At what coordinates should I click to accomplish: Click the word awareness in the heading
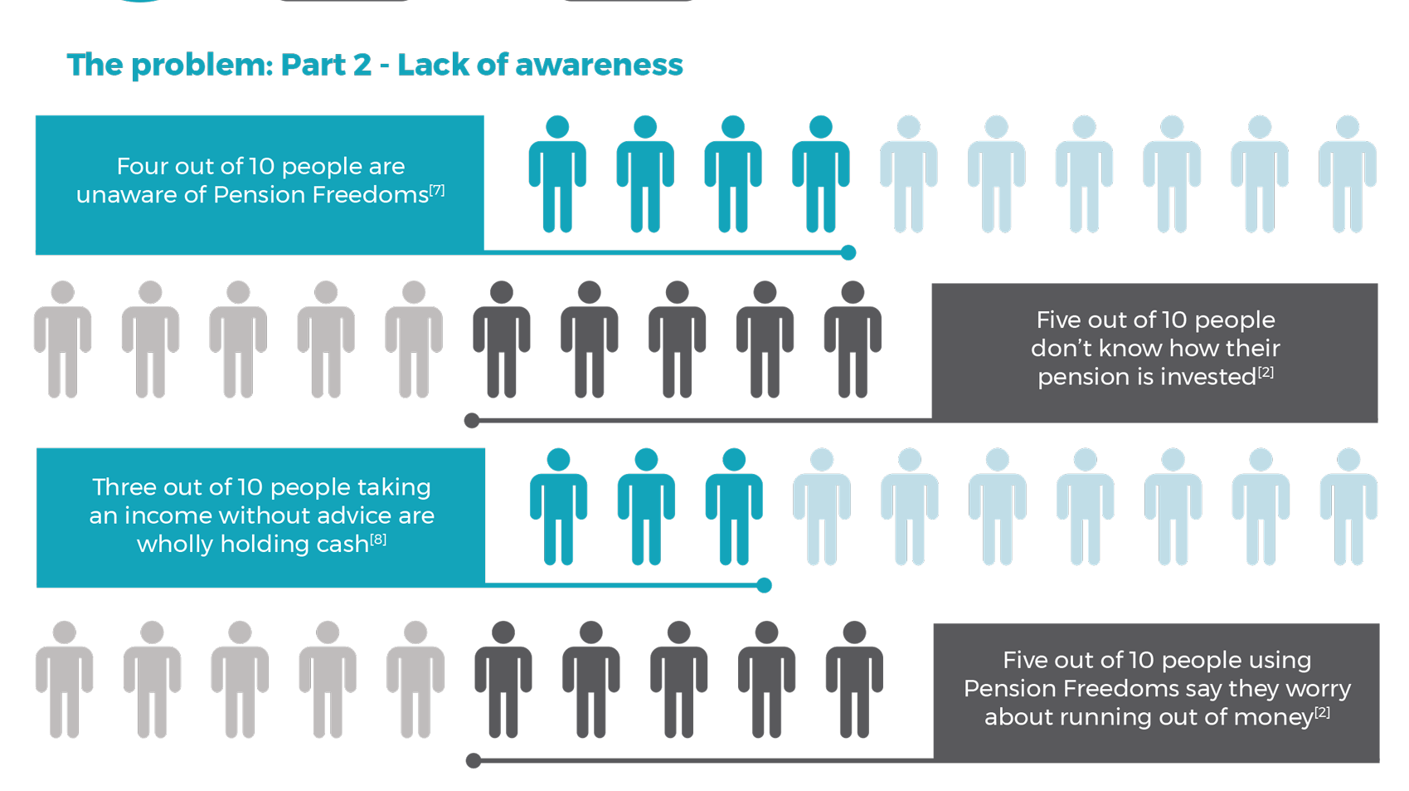pyautogui.click(x=599, y=65)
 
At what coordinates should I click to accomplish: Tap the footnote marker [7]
pyautogui.click(x=437, y=190)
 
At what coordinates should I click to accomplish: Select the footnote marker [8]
pyautogui.click(x=378, y=540)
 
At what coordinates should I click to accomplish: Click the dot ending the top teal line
pyautogui.click(x=848, y=252)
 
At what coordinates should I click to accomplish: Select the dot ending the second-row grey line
pyautogui.click(x=472, y=421)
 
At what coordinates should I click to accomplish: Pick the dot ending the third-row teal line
pyautogui.click(x=765, y=586)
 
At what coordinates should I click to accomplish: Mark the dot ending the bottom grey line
pyautogui.click(x=474, y=760)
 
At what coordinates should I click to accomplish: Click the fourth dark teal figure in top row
pyautogui.click(x=821, y=174)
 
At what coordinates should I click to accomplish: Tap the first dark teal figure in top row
pyautogui.click(x=558, y=174)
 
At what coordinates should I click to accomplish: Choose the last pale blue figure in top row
pyautogui.click(x=1348, y=174)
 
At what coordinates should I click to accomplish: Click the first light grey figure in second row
pyautogui.click(x=63, y=340)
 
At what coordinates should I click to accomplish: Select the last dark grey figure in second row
pyautogui.click(x=853, y=340)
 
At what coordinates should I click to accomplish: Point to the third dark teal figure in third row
pyautogui.click(x=734, y=507)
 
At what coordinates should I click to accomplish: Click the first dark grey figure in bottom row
pyautogui.click(x=503, y=681)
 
